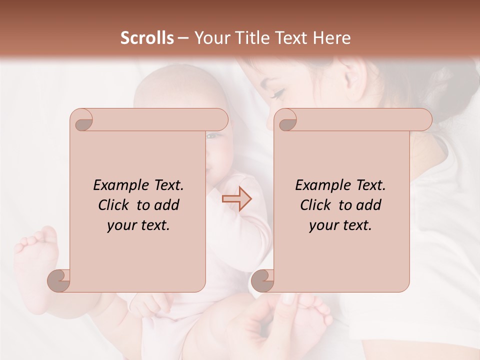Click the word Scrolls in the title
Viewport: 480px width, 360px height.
click(147, 38)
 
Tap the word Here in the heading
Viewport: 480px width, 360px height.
click(331, 38)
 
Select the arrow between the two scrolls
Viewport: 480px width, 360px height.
click(236, 199)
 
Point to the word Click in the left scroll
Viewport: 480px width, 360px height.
click(114, 205)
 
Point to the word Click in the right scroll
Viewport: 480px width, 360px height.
click(316, 205)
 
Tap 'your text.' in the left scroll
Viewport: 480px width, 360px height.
click(138, 225)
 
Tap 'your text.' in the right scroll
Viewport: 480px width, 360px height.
click(340, 225)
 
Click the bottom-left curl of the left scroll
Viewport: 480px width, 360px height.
click(59, 281)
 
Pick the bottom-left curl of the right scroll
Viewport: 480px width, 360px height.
click(263, 281)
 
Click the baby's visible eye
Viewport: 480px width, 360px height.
click(212, 136)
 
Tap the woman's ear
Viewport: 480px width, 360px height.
click(354, 75)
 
